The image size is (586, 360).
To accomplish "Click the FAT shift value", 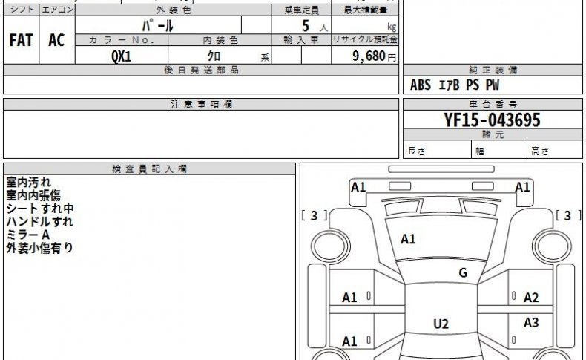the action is (21, 40).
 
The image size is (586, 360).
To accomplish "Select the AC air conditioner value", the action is (56, 40).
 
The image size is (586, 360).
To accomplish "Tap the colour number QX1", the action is (122, 56).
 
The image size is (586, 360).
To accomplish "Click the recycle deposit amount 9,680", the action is (369, 56).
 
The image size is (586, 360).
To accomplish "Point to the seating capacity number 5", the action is (306, 26).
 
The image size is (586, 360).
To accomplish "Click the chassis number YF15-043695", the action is (493, 120).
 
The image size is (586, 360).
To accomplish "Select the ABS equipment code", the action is (421, 85).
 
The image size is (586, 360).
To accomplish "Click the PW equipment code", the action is (493, 85).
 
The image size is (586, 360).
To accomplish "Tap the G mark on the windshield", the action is (463, 273).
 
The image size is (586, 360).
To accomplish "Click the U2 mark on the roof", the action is (441, 324).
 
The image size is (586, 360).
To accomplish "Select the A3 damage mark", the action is (531, 322).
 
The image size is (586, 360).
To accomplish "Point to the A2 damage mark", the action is (531, 298).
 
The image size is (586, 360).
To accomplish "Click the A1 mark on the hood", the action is (408, 239).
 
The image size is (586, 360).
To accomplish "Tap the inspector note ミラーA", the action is (28, 235).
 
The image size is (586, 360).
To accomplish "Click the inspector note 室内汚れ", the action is (28, 182).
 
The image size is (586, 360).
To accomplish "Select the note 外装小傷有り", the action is (39, 248).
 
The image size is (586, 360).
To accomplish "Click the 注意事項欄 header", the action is (202, 105).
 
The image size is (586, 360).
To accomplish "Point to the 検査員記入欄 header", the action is (150, 169).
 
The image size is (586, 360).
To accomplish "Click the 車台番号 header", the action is (493, 105).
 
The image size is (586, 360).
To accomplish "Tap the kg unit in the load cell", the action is (392, 27).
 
